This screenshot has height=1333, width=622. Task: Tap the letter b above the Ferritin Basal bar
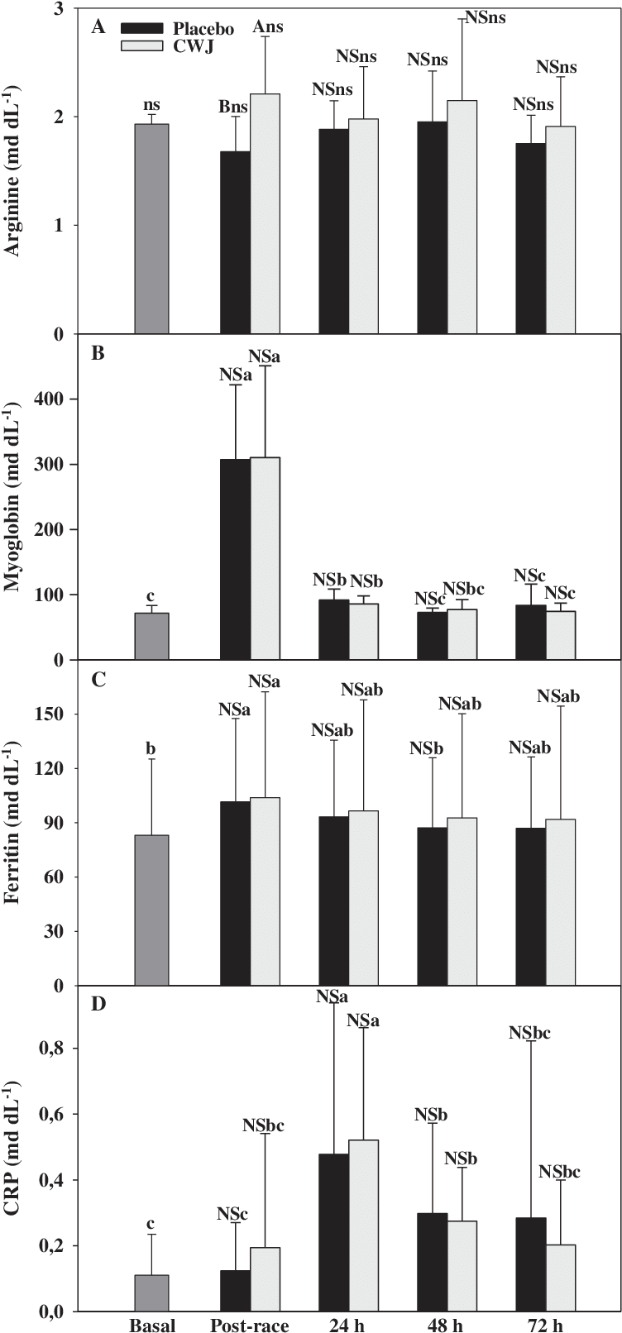[x=152, y=749]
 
